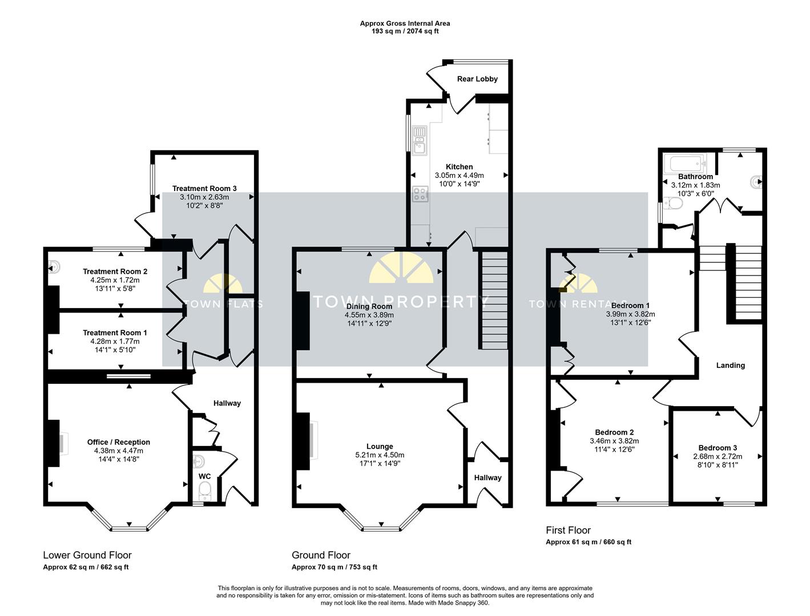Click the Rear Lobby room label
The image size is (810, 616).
[477, 79]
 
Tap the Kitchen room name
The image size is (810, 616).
[459, 167]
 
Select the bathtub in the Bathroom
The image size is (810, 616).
[685, 165]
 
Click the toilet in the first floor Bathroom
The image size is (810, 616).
[672, 202]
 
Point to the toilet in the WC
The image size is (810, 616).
[204, 491]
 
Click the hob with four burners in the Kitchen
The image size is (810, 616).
[420, 194]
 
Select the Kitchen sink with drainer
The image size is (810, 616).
[420, 140]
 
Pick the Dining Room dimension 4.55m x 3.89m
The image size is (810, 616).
[369, 315]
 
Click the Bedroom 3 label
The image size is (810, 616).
[718, 448]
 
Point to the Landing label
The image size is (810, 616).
[730, 366]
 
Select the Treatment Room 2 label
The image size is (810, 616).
[115, 271]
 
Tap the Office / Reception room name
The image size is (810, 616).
[119, 442]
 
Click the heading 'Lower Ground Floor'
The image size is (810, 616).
[87, 555]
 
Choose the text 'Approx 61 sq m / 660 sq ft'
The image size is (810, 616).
[588, 542]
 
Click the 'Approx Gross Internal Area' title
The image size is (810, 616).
[405, 23]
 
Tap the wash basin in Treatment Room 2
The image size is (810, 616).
[54, 266]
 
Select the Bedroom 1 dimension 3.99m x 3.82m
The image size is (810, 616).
[630, 314]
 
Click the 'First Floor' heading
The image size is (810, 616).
[568, 530]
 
